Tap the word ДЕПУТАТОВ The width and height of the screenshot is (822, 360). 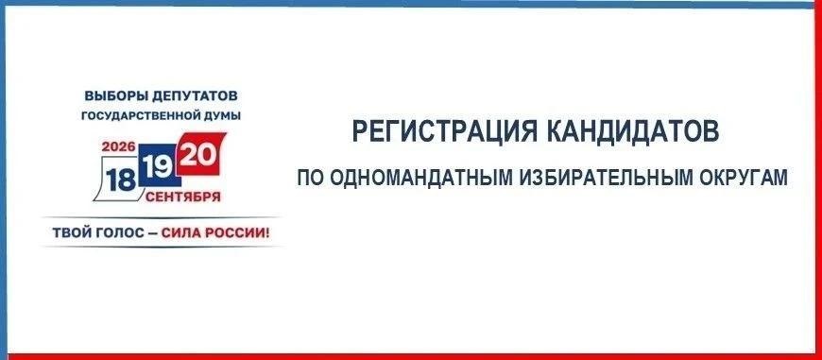click(195, 96)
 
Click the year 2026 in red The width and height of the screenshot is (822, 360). click(119, 146)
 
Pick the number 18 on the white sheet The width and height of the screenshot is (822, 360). click(121, 180)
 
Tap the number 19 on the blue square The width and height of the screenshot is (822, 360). click(158, 167)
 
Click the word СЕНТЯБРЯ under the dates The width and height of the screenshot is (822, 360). click(183, 197)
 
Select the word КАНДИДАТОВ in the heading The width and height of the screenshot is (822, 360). click(633, 131)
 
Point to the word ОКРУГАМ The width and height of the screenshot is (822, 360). click(743, 178)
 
